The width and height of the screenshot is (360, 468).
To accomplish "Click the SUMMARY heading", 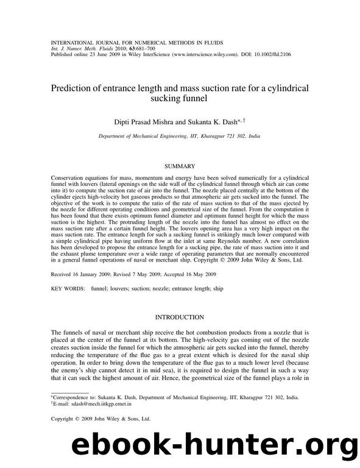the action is pos(180,166).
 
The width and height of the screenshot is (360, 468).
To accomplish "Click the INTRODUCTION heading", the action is pos(180,317).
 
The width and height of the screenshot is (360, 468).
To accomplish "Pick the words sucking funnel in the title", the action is pos(180,98).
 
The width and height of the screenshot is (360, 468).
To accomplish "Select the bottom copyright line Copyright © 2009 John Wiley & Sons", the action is pos(100,419).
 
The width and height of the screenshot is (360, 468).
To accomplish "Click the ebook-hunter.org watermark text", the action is pos(202,446).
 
